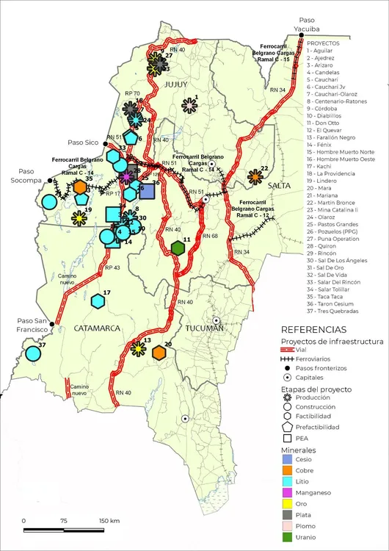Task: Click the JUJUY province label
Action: click(176, 85)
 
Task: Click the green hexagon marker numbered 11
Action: click(177, 248)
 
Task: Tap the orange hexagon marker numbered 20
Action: click(159, 353)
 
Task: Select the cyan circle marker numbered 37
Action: click(33, 353)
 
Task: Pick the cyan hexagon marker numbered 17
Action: click(98, 300)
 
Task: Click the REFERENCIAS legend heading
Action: click(313, 331)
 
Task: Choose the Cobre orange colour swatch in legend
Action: click(287, 468)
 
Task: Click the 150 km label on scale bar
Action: click(108, 520)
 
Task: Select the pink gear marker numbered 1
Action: click(189, 107)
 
